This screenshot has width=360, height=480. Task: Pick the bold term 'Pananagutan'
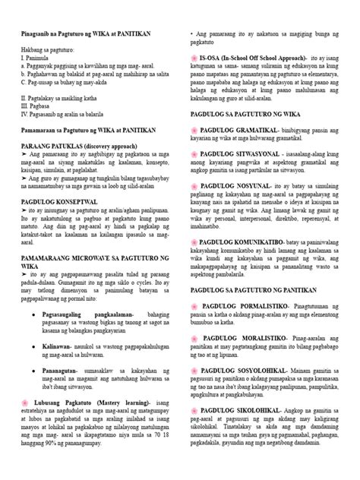tap(74, 395)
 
